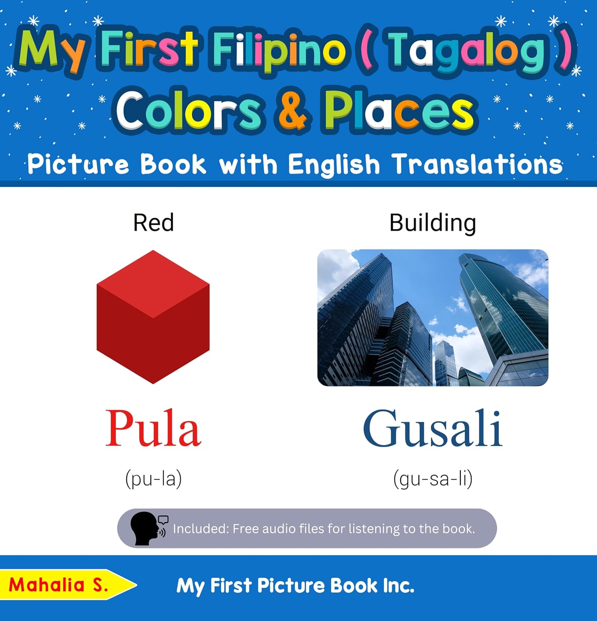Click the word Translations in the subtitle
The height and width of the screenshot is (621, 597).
(477, 164)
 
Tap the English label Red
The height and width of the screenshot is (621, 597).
(153, 223)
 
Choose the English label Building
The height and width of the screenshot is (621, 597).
(433, 223)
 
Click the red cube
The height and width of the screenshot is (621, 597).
(153, 317)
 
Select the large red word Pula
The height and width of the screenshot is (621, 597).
(153, 428)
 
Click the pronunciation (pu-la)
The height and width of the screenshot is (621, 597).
(153, 479)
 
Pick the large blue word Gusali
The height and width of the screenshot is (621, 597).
(433, 428)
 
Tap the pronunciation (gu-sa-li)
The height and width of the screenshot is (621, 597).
(433, 479)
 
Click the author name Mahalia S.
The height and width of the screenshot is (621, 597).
(58, 585)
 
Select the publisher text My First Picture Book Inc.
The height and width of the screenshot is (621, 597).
(295, 585)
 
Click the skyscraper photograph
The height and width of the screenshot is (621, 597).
(433, 318)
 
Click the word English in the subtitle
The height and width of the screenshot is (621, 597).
(334, 164)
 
